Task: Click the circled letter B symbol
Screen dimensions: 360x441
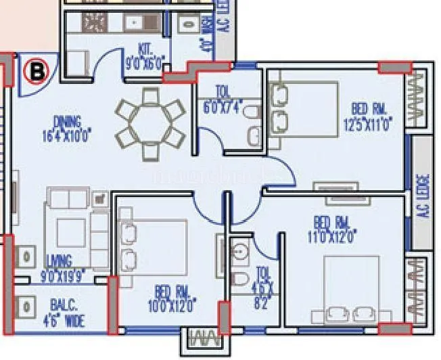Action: click(x=34, y=70)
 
